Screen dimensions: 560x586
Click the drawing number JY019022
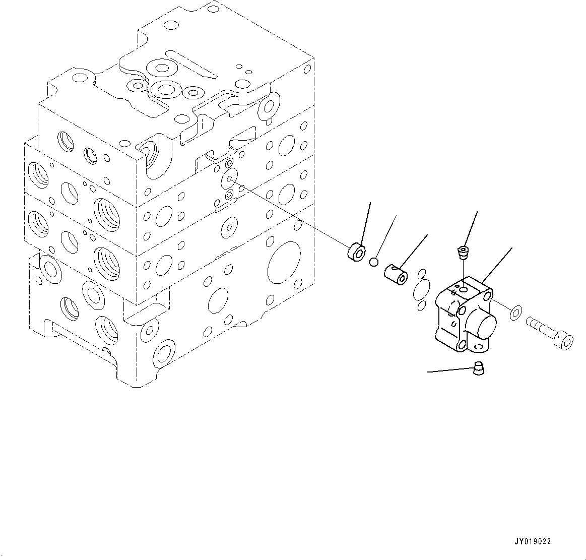(x=533, y=542)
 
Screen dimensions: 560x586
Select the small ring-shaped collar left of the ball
(x=356, y=252)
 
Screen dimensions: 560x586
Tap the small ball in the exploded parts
(x=373, y=262)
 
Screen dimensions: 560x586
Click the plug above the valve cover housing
(x=462, y=252)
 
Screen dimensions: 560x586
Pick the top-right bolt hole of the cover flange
(x=487, y=293)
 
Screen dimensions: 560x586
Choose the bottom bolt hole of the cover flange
(x=462, y=346)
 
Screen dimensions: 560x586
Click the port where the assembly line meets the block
(x=230, y=178)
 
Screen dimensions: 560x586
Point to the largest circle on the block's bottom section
(x=284, y=262)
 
